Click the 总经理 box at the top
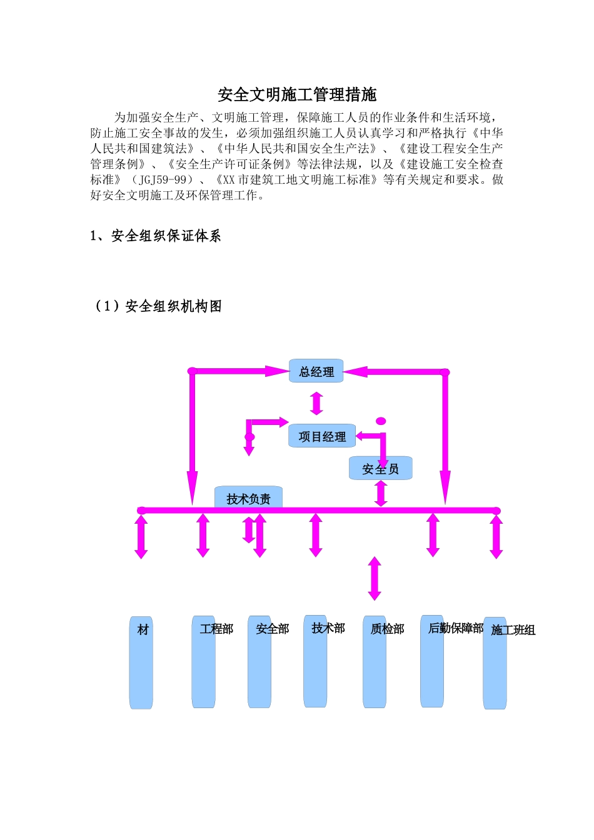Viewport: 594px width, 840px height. [316, 371]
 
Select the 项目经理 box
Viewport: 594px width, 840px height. [322, 436]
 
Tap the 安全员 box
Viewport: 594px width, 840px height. [380, 469]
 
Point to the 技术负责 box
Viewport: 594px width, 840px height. [248, 498]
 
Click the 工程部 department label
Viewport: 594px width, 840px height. [216, 629]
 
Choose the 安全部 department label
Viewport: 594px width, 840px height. [272, 629]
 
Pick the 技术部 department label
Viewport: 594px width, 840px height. [328, 628]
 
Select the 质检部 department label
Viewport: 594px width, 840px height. [387, 629]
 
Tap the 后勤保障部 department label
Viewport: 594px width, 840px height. [455, 628]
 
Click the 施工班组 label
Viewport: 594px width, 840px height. [513, 630]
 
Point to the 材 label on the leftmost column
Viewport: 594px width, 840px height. [143, 629]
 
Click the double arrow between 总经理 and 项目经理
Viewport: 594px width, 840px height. [317, 403]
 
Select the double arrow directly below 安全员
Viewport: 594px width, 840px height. [381, 493]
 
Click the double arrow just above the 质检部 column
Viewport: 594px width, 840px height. [375, 579]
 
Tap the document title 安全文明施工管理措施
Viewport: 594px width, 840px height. [297, 94]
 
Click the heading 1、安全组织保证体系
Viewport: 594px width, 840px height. [156, 236]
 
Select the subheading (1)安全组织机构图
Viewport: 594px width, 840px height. [157, 306]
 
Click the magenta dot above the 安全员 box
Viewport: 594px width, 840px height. [381, 421]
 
